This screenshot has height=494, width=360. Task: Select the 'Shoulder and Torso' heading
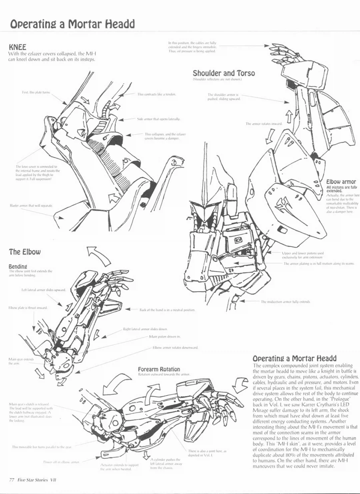224,73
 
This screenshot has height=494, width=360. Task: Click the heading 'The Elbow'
25,252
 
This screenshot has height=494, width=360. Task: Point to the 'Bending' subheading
18,266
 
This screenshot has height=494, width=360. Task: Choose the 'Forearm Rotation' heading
159,369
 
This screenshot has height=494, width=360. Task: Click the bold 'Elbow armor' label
341,182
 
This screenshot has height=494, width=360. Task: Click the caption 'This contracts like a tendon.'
157,94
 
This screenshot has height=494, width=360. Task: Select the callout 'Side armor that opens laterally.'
159,119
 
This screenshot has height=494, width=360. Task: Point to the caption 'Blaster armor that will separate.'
31,205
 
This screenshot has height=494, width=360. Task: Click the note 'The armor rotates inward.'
264,124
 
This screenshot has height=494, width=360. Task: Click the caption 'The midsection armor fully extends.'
286,301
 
